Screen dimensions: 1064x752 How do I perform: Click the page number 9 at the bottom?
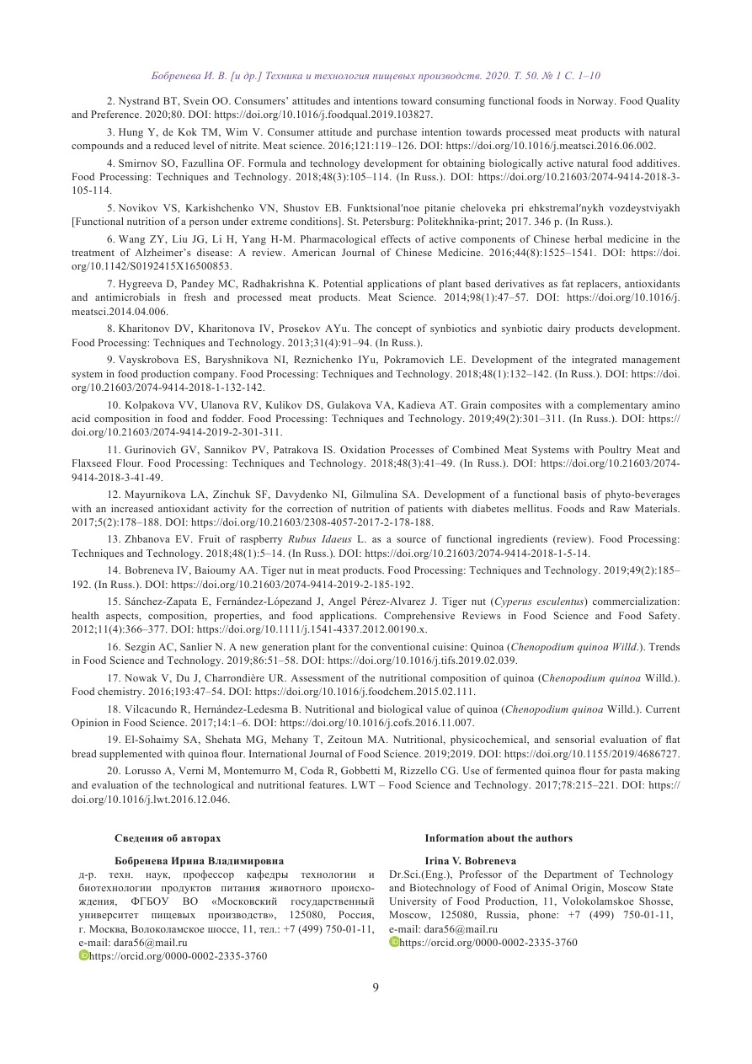point(376,988)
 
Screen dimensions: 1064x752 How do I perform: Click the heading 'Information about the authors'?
point(498,838)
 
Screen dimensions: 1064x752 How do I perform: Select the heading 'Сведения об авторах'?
point(168,838)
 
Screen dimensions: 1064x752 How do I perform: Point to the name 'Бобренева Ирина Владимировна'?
point(199,861)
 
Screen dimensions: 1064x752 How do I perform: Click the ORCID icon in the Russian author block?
point(83,956)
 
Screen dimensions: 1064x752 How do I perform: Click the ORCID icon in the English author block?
point(394,942)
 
